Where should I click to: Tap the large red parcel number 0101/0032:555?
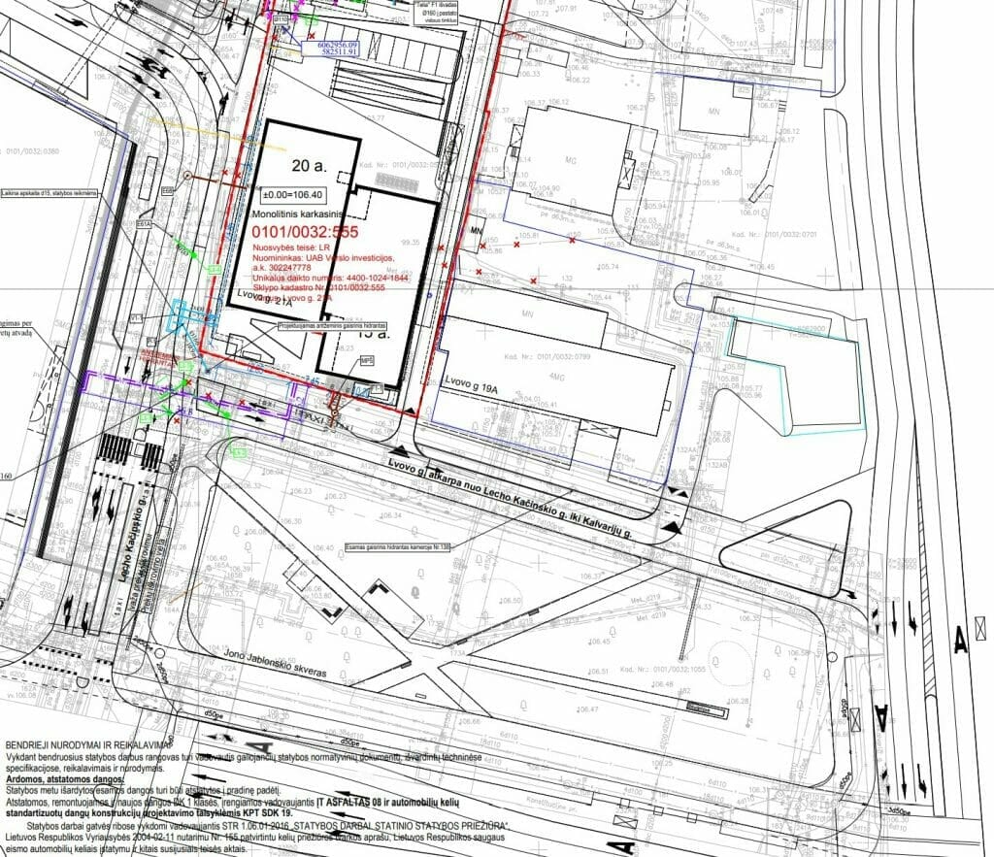[305, 233]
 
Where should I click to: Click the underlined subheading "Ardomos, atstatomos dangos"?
[65, 779]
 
